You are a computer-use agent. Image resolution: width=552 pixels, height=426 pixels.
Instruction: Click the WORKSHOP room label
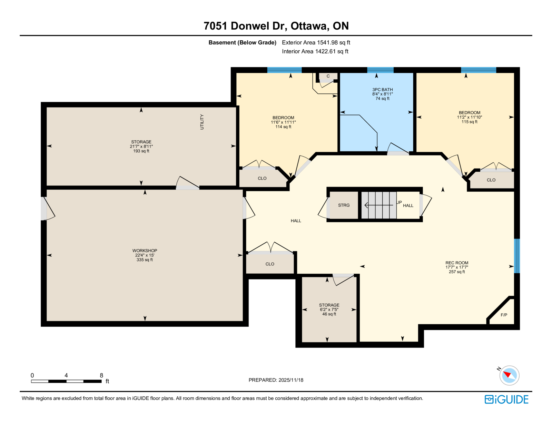pyautogui.click(x=145, y=251)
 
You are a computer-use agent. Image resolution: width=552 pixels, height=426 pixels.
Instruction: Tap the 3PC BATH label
pyautogui.click(x=382, y=90)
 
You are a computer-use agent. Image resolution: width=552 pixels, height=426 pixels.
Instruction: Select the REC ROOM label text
pyautogui.click(x=457, y=263)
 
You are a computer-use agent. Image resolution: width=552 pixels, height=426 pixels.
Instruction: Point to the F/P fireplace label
pyautogui.click(x=504, y=315)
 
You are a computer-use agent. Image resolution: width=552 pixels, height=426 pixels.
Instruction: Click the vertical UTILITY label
pyautogui.click(x=202, y=122)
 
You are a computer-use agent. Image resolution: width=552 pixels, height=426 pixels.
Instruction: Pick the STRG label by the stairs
pyautogui.click(x=344, y=205)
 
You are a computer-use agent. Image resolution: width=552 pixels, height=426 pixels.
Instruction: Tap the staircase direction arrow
pyautogui.click(x=378, y=205)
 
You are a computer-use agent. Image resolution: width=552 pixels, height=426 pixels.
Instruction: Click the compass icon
pyautogui.click(x=509, y=376)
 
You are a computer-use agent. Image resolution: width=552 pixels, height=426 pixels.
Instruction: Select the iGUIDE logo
pyautogui.click(x=506, y=399)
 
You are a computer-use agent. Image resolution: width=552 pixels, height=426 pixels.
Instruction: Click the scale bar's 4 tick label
pyautogui.click(x=66, y=375)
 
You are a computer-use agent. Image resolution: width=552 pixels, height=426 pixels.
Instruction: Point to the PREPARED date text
pyautogui.click(x=276, y=380)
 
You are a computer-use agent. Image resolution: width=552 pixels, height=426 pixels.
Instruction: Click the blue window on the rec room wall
pyautogui.click(x=517, y=256)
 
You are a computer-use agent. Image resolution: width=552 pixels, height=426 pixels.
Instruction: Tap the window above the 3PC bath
pyautogui.click(x=380, y=70)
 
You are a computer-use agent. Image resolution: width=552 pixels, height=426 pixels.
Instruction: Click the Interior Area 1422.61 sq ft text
pyautogui.click(x=315, y=51)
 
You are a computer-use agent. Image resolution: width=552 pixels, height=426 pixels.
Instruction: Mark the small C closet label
pyautogui.click(x=328, y=76)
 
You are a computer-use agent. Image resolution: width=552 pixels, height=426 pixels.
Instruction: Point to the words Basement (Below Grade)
pyautogui.click(x=242, y=43)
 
